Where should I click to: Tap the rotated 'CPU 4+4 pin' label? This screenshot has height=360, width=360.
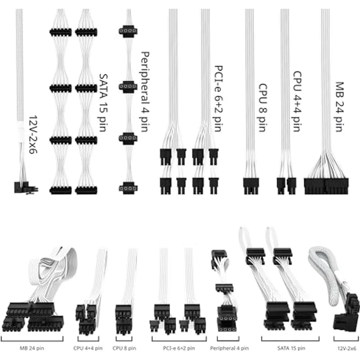click(x=297, y=101)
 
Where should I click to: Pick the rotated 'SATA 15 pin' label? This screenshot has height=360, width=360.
click(x=104, y=105)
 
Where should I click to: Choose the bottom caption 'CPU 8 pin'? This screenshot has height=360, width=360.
click(x=125, y=348)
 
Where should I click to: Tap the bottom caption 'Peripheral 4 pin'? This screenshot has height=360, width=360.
click(x=225, y=348)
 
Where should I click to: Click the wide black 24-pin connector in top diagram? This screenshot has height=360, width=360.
click(x=326, y=186)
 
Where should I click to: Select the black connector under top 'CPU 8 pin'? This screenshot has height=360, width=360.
click(x=251, y=186)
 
